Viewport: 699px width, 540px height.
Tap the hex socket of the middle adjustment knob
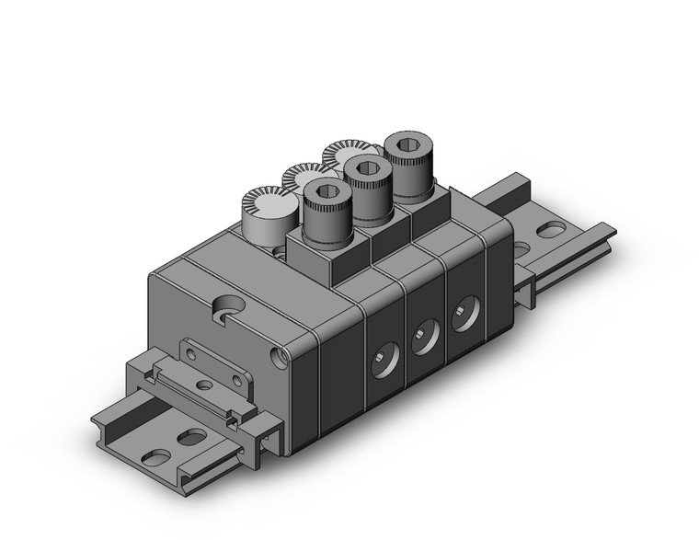365,168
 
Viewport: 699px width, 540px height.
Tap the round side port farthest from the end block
461,316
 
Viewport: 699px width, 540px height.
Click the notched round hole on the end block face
223,308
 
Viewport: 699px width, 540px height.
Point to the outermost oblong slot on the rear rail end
553,230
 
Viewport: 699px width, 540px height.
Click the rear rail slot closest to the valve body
521,249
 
